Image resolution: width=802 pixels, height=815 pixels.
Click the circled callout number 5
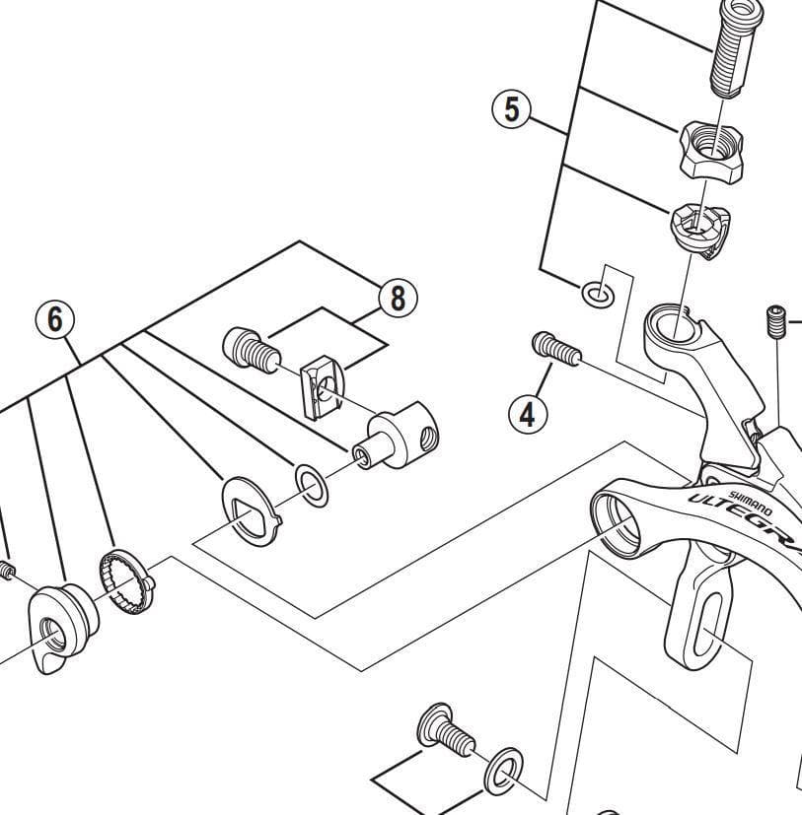point(511,109)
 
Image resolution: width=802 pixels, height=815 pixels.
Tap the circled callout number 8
point(398,298)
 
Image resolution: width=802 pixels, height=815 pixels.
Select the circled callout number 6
point(55,318)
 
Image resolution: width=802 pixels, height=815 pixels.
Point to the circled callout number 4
point(528,414)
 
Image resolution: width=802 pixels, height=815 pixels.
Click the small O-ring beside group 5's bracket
point(597,293)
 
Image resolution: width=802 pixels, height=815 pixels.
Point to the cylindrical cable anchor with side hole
point(399,440)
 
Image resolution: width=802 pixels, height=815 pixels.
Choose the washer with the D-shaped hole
point(249,509)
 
